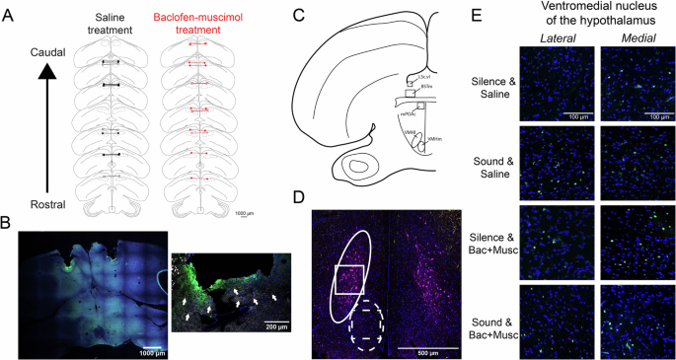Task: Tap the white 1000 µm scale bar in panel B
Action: click(144, 346)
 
